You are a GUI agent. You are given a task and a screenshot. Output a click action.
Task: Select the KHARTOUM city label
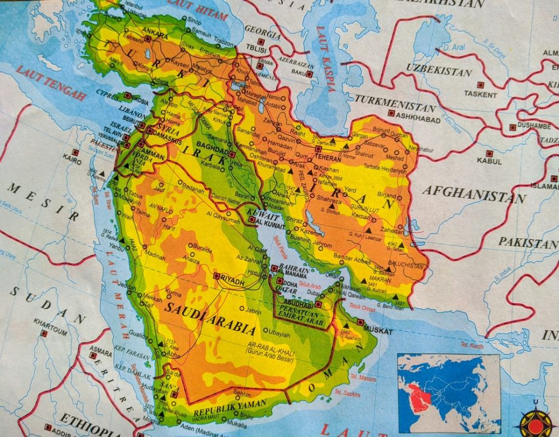coord(50,323)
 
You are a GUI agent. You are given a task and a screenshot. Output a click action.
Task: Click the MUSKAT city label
coord(376,331)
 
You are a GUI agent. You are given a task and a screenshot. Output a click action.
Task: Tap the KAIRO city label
coord(71,162)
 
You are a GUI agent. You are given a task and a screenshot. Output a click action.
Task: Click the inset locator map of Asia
coord(449,392)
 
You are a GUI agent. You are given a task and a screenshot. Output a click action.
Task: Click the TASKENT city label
coord(480,94)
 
